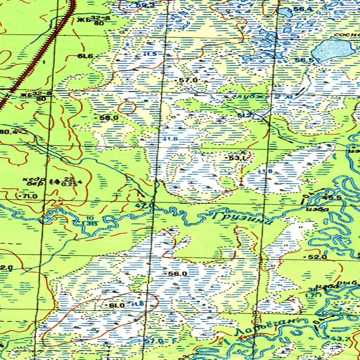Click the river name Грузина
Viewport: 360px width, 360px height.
coord(243,218)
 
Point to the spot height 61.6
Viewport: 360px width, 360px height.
coord(85,56)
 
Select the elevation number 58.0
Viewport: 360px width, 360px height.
coord(109,118)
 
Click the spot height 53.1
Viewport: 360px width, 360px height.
coord(237,158)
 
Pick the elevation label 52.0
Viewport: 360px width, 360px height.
coord(317,257)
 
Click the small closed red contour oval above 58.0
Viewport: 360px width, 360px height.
coord(127,107)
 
